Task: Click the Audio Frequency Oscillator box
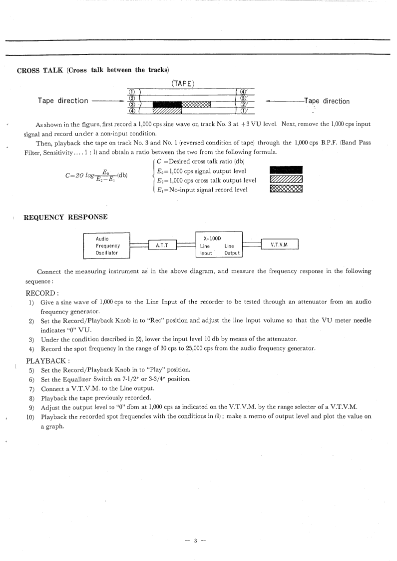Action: [106, 245]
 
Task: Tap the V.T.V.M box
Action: [279, 245]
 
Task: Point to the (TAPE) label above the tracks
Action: [183, 83]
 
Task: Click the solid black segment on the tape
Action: [167, 104]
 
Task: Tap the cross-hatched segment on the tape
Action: [196, 104]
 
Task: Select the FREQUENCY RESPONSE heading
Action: [65, 217]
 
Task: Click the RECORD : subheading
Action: [42, 293]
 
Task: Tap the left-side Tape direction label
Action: [63, 100]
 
